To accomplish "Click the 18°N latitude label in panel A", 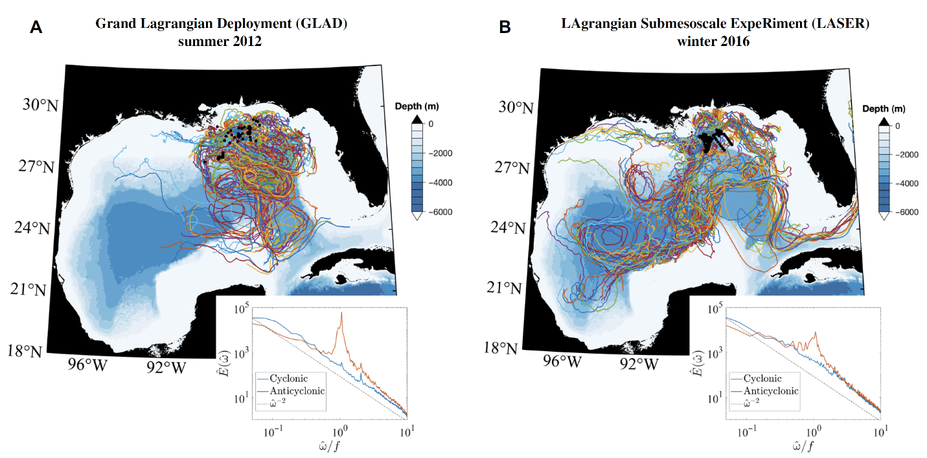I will click(27, 351).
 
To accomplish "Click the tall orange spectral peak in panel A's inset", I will click(341, 314).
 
